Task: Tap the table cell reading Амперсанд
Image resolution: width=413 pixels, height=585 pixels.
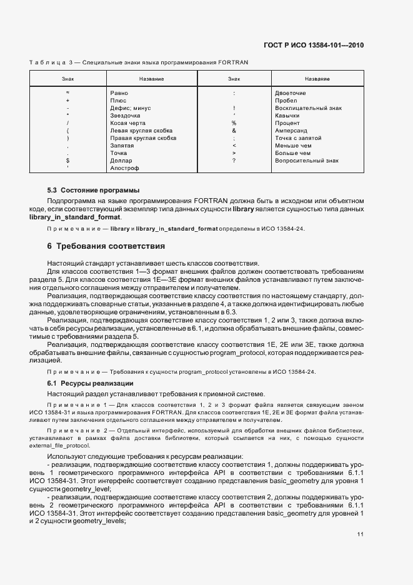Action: (x=291, y=130)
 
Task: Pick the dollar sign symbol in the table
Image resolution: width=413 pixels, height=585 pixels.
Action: (x=67, y=161)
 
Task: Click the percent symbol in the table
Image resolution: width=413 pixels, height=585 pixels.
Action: (x=234, y=122)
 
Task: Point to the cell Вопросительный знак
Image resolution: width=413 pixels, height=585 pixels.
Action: (x=306, y=161)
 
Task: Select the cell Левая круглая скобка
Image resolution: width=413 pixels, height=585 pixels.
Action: (x=141, y=130)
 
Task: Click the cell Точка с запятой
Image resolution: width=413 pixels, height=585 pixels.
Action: (x=298, y=137)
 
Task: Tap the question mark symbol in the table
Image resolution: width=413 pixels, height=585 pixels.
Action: (x=234, y=161)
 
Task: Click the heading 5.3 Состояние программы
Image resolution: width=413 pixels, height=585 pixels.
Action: (x=93, y=189)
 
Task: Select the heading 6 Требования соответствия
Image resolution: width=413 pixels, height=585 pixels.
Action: (x=106, y=246)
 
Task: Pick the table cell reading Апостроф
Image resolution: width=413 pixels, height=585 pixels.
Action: (x=124, y=168)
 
